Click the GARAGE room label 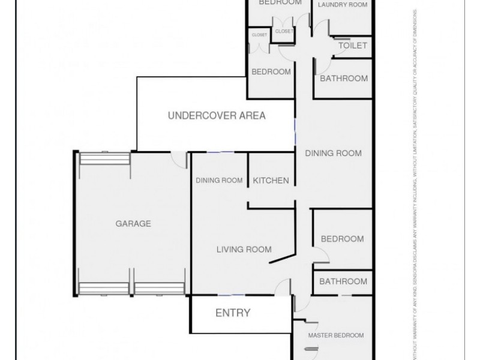click(x=133, y=224)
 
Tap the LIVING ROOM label click(x=244, y=250)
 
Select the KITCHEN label click(x=271, y=181)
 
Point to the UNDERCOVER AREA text click(x=217, y=116)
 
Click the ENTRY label click(x=233, y=313)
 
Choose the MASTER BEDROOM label click(x=336, y=335)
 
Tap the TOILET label click(x=353, y=46)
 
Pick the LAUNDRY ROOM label click(x=342, y=5)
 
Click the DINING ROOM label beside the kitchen click(x=219, y=181)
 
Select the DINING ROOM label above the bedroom click(x=333, y=153)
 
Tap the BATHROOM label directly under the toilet click(x=343, y=78)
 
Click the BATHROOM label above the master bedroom click(x=343, y=281)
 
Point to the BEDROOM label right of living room click(x=342, y=239)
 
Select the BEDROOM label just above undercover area click(x=271, y=72)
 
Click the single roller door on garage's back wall click(x=105, y=159)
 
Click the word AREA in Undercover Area click(x=251, y=116)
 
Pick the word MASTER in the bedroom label click(x=322, y=335)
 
